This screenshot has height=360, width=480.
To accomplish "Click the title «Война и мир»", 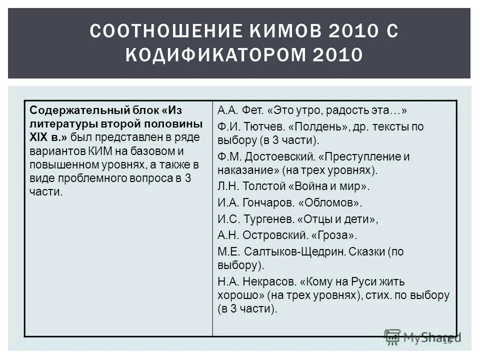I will tap(329, 187).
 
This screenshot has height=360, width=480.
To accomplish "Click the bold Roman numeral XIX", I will tap(38, 137).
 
